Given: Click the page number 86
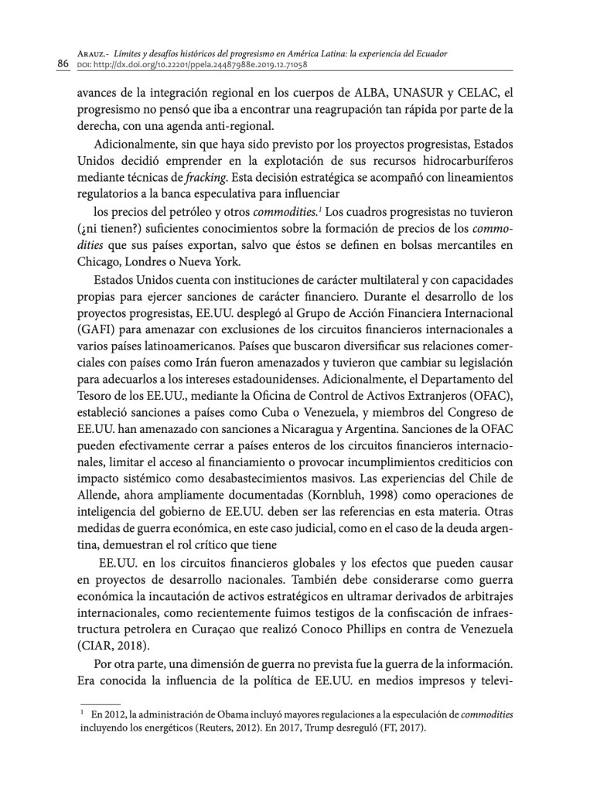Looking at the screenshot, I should click(x=63, y=63).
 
